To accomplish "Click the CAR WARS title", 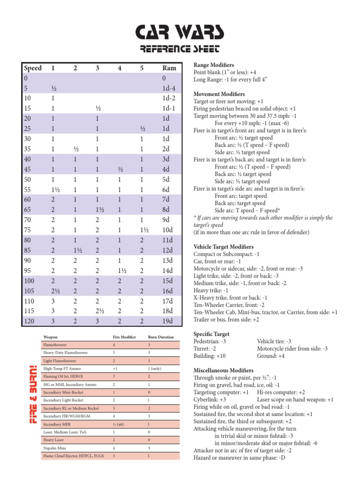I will coord(180,32).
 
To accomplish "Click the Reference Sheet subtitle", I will coord(180,49).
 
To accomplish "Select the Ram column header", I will coord(169,68).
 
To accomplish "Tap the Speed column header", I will coord(33,68).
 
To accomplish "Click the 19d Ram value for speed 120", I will coord(167,321).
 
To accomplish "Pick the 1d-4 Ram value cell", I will coord(168,88).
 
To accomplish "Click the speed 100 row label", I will coord(30,280).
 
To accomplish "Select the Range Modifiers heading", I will coord(214,65).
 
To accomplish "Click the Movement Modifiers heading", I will coord(219,94).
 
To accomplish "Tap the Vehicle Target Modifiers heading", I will coord(224,247).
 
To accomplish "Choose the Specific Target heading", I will coord(211,334).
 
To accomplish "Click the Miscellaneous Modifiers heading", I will coord(224,370).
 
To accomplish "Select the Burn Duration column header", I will coord(161,337).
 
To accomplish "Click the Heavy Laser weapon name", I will coord(53,440).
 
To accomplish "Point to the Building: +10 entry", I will coord(210,356).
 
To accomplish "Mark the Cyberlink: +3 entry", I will coord(210,399).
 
